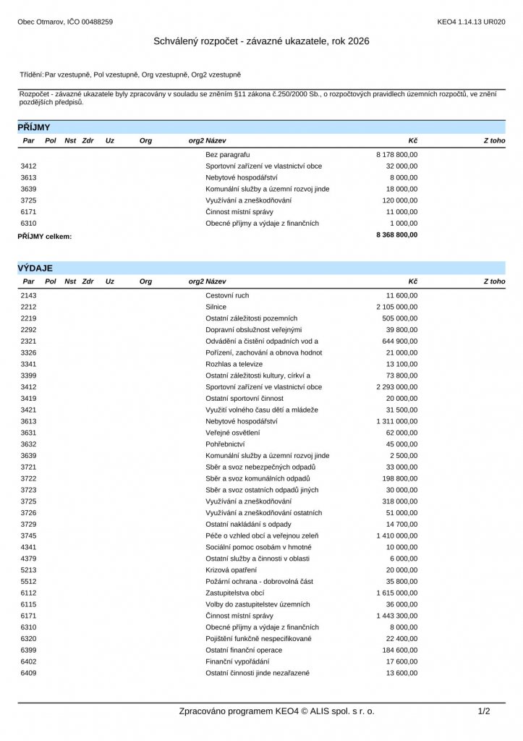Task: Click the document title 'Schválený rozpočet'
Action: pyautogui.click(x=261, y=41)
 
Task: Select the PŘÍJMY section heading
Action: pyautogui.click(x=34, y=127)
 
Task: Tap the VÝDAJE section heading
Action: pyautogui.click(x=35, y=268)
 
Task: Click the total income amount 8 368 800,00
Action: pyautogui.click(x=396, y=235)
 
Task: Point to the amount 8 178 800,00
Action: pyautogui.click(x=396, y=154)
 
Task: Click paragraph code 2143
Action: pyautogui.click(x=28, y=295)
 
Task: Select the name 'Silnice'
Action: pyautogui.click(x=216, y=307)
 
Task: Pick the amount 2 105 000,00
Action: pyautogui.click(x=396, y=307)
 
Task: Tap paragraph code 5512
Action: pyautogui.click(x=28, y=581)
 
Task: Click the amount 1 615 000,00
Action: pyautogui.click(x=396, y=593)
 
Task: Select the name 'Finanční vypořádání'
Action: pyautogui.click(x=237, y=661)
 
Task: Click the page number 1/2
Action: pyautogui.click(x=484, y=711)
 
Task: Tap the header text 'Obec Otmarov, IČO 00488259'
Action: pyautogui.click(x=65, y=22)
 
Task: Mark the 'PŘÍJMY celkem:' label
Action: pyautogui.click(x=45, y=236)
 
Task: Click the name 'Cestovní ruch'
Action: pyautogui.click(x=227, y=295)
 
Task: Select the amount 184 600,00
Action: pyautogui.click(x=400, y=650)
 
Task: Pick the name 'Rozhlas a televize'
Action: pyautogui.click(x=234, y=364)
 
